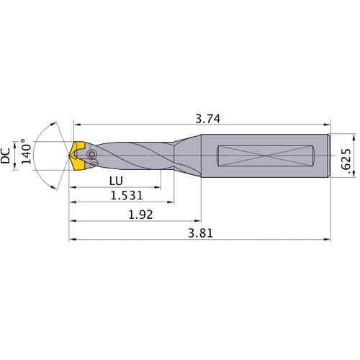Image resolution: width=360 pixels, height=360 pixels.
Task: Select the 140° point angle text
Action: [x=27, y=154]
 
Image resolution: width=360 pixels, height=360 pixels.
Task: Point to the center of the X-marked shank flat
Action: [x=267, y=155]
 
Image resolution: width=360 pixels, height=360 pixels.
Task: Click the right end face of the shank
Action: [x=329, y=155]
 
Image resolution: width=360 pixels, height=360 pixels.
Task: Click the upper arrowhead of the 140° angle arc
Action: [x=57, y=122]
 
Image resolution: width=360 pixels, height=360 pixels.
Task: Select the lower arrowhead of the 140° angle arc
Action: [x=57, y=189]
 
